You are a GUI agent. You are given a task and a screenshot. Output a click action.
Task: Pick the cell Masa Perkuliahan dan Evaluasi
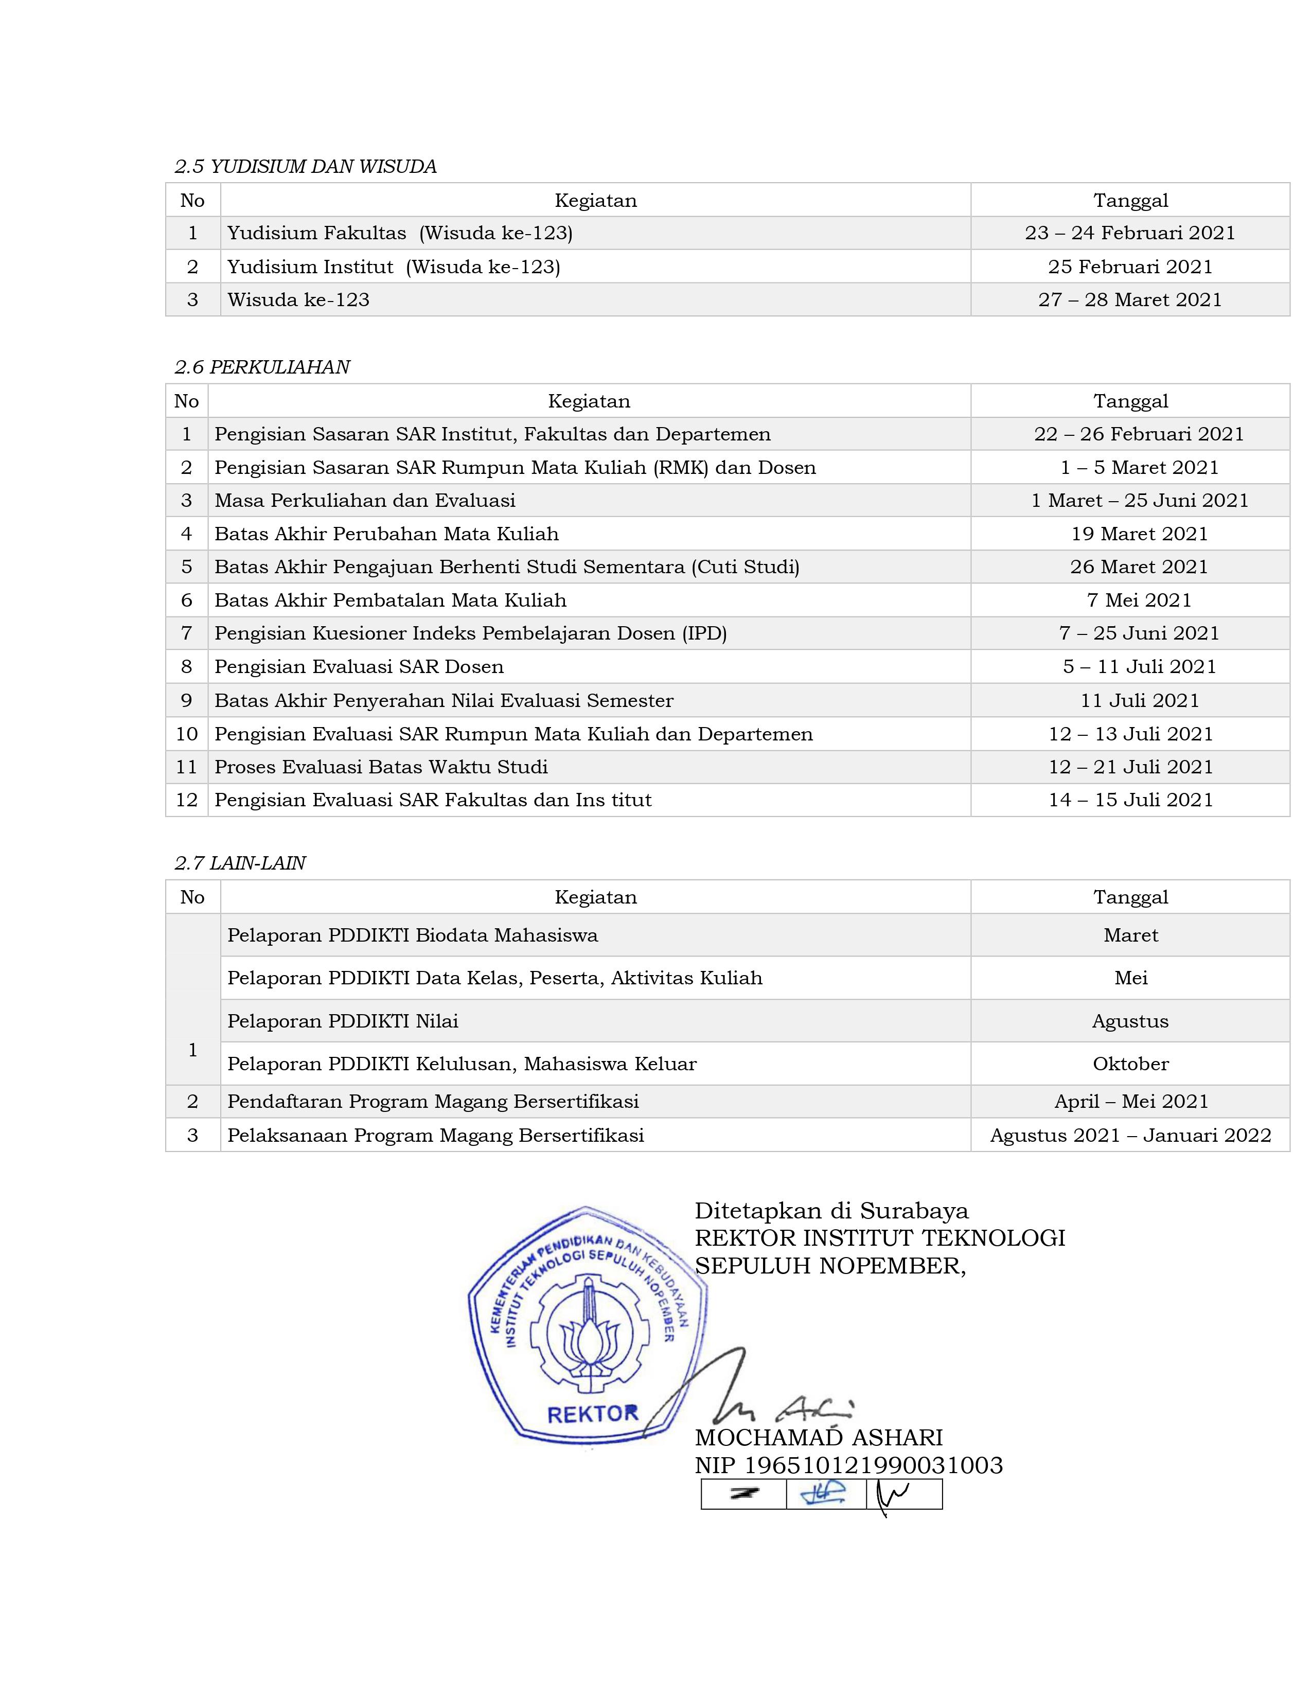pyautogui.click(x=365, y=501)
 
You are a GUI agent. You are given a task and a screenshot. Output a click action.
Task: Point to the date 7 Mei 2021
pyautogui.click(x=1139, y=600)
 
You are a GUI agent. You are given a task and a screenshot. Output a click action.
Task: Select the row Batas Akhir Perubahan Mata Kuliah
pyautogui.click(x=386, y=534)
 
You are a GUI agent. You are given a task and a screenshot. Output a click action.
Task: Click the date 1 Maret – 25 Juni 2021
pyautogui.click(x=1139, y=501)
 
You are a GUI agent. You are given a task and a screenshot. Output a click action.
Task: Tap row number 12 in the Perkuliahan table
pyautogui.click(x=187, y=800)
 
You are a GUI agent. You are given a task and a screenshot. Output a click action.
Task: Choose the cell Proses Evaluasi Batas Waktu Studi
pyautogui.click(x=381, y=767)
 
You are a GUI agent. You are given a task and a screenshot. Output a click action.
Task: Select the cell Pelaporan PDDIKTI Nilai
pyautogui.click(x=343, y=1021)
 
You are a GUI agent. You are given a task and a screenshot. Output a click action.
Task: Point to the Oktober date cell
pyautogui.click(x=1130, y=1064)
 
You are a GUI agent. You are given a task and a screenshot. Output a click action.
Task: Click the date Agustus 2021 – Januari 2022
pyautogui.click(x=1130, y=1135)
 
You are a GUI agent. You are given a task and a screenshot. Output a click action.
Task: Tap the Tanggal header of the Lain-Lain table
pyautogui.click(x=1130, y=897)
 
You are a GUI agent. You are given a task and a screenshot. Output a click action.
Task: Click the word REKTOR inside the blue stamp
pyautogui.click(x=592, y=1414)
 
